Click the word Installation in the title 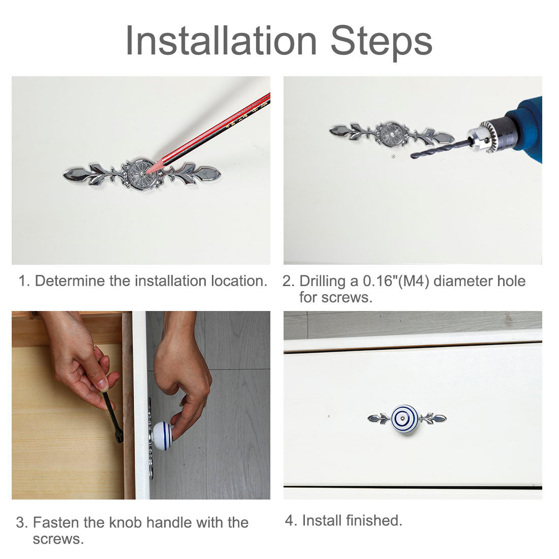pyautogui.click(x=221, y=40)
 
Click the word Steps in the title pyautogui.click(x=382, y=42)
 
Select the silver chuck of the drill pyautogui.click(x=485, y=136)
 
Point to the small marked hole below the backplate pyautogui.click(x=393, y=156)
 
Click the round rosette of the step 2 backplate pyautogui.click(x=391, y=134)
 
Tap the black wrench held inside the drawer pyautogui.click(x=113, y=417)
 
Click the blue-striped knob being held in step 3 pyautogui.click(x=163, y=436)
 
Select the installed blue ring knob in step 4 pyautogui.click(x=405, y=418)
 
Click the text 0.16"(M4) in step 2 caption pyautogui.click(x=396, y=281)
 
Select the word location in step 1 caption pyautogui.click(x=239, y=281)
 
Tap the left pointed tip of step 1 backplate pyautogui.click(x=64, y=175)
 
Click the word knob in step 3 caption pyautogui.click(x=126, y=522)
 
